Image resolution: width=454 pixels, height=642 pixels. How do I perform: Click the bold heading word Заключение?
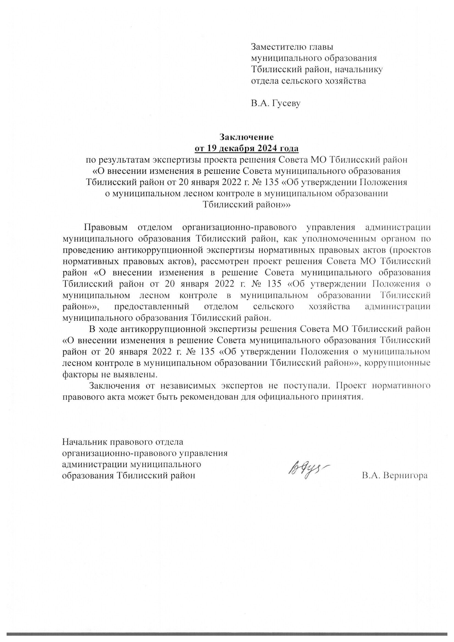[246, 137]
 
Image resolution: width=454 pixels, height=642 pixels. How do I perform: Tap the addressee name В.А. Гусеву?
[275, 104]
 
